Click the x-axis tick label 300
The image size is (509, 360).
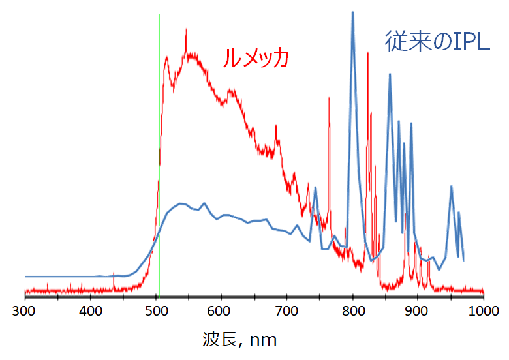pos(25,310)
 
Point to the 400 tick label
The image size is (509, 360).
pos(90,310)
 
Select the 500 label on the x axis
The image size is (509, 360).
pos(155,310)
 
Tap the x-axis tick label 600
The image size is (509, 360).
pos(221,310)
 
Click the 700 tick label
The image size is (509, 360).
pos(286,310)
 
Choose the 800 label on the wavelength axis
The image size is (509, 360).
pos(352,310)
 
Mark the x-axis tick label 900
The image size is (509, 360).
pos(418,310)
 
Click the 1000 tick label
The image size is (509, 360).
pos(481,310)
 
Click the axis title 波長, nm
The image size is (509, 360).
pos(240,339)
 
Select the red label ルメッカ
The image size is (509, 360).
pos(255,59)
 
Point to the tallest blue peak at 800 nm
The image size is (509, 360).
pos(353,13)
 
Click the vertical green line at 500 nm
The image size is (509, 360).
pos(159,98)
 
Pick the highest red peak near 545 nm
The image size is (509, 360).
pos(186,30)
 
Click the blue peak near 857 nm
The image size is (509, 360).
pos(390,75)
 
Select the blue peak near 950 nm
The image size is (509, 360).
pos(451,187)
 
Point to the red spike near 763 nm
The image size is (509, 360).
pos(328,98)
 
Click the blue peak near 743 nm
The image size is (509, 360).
pos(316,188)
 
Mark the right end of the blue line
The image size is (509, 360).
pos(463,260)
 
